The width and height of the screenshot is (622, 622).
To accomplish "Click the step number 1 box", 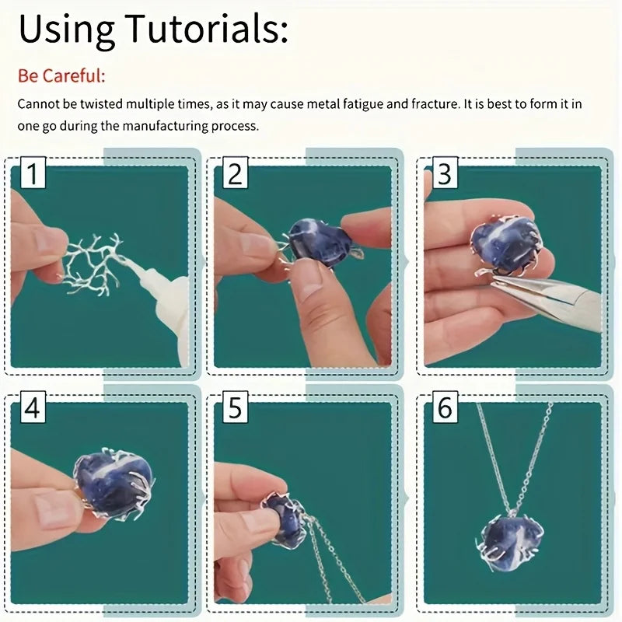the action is (33, 173).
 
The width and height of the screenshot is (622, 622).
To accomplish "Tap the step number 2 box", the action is (236, 173).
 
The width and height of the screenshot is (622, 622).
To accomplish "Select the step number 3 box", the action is (445, 173).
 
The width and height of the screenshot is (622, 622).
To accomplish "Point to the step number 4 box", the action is (33, 407).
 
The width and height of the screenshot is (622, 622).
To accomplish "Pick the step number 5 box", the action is (236, 407).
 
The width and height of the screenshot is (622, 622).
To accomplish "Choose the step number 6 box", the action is (445, 407).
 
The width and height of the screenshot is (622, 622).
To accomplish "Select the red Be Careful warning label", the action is (61, 75).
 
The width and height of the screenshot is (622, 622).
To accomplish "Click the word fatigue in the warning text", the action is (363, 104).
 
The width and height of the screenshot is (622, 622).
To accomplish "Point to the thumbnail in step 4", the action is (54, 510).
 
